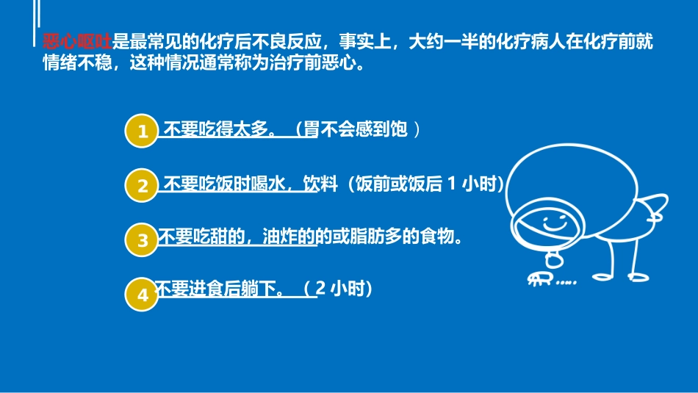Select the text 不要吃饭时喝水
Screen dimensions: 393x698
pos(223,184)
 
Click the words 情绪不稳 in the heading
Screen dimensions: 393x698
pos(76,62)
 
